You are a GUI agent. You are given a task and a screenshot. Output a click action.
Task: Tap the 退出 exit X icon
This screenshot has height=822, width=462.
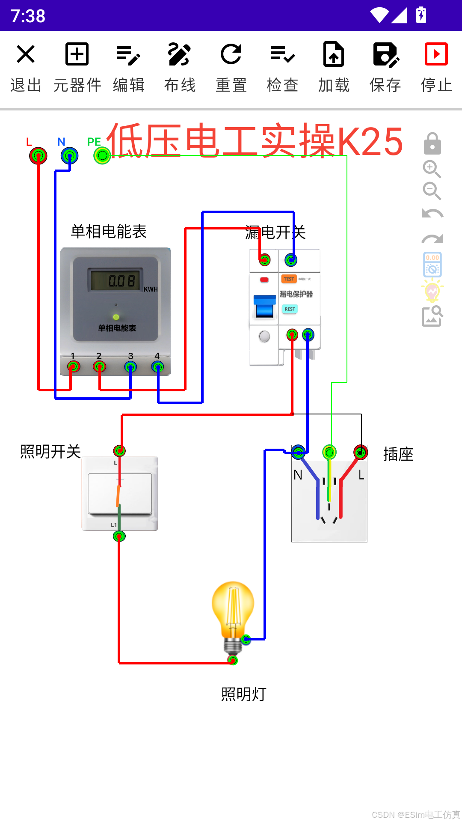tap(26, 54)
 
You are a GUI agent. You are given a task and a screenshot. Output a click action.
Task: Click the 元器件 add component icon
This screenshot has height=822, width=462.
tap(77, 54)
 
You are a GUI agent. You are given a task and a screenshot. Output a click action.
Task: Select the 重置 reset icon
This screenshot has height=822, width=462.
tap(231, 54)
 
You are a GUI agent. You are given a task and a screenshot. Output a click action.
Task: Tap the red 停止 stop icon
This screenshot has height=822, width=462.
tap(436, 54)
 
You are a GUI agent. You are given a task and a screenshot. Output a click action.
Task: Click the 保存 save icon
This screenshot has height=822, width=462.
tap(385, 54)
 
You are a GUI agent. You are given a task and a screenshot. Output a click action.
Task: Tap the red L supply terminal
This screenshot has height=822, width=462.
tap(38, 156)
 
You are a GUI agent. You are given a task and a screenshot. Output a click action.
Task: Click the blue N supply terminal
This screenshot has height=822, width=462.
tap(69, 156)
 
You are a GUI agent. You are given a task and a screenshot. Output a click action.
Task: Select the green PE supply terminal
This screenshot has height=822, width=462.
tap(102, 156)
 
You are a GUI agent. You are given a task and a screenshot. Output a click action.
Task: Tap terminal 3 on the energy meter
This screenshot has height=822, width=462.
tap(130, 367)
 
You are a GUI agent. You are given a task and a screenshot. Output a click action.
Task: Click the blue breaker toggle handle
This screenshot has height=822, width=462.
tap(264, 306)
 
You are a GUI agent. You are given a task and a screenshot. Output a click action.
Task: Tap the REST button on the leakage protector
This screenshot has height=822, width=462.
tap(290, 309)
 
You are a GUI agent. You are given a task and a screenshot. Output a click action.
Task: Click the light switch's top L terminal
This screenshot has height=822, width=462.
tap(119, 450)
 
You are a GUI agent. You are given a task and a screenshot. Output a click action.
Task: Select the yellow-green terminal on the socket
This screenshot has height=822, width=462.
tap(329, 452)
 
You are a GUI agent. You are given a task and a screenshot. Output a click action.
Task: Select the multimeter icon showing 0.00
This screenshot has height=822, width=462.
tap(432, 265)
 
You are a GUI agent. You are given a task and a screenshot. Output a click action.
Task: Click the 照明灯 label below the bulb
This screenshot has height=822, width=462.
tap(244, 694)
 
